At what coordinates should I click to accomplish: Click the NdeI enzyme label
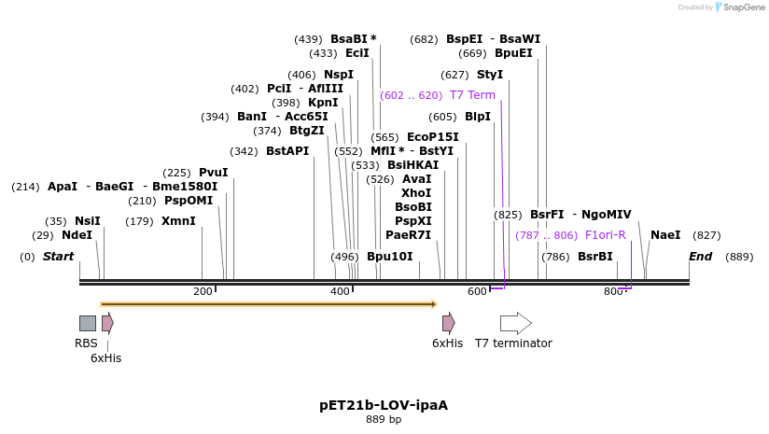click(x=77, y=235)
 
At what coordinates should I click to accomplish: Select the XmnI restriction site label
click(x=178, y=221)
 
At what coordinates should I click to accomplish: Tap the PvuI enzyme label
click(x=213, y=173)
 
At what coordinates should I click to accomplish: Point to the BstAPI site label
click(x=287, y=151)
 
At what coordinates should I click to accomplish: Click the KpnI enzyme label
click(x=323, y=103)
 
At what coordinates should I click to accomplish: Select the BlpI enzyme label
click(x=478, y=117)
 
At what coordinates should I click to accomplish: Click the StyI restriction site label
click(x=490, y=75)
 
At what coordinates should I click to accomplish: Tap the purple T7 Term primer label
click(x=472, y=95)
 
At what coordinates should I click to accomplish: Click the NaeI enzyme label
click(x=665, y=235)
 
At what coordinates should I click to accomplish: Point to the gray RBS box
click(x=87, y=323)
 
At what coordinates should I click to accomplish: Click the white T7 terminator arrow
click(x=515, y=323)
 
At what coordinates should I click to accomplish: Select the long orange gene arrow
click(x=268, y=303)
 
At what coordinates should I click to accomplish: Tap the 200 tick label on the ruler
click(x=203, y=292)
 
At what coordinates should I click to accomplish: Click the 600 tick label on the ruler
click(x=477, y=292)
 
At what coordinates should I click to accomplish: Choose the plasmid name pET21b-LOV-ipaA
click(x=384, y=405)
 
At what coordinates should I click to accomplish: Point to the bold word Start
click(x=58, y=257)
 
